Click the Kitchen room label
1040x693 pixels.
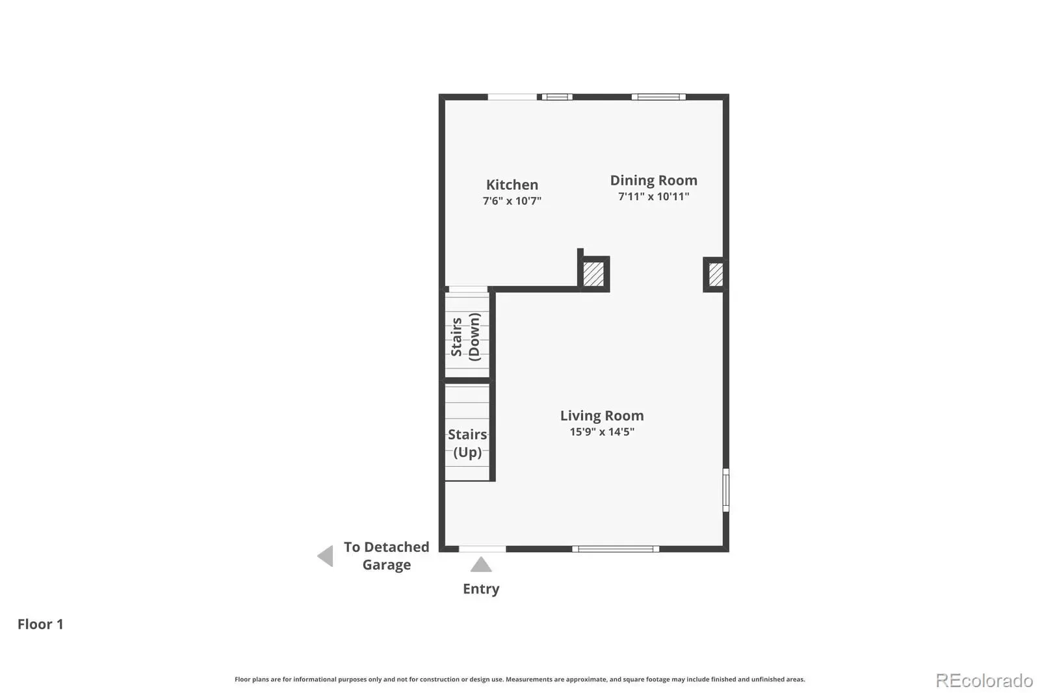512,185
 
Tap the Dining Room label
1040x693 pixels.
653,180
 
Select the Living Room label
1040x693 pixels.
602,415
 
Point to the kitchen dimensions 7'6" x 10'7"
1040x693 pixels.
512,201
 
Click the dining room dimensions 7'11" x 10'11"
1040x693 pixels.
653,196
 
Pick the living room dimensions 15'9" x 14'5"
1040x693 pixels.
602,432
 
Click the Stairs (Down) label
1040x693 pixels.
465,337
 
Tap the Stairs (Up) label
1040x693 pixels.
467,443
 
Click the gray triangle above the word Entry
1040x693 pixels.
481,564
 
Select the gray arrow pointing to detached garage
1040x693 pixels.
326,556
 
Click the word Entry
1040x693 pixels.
481,589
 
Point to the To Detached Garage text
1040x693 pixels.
386,556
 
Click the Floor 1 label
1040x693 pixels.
40,624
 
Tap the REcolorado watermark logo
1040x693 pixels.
984,681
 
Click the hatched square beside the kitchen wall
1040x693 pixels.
593,274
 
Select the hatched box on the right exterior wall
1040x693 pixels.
716,274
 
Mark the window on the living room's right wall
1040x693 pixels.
725,490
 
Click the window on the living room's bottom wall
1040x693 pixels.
616,549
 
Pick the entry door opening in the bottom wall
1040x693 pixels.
482,549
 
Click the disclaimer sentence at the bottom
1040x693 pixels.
519,679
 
